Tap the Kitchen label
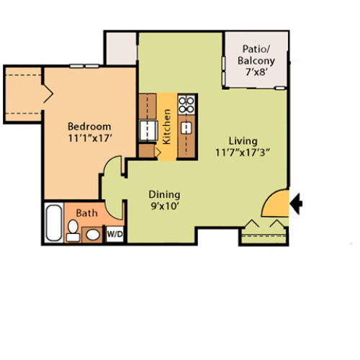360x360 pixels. [167, 126]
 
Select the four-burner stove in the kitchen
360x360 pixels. [186, 104]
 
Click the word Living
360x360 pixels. [242, 140]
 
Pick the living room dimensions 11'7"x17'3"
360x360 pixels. [242, 153]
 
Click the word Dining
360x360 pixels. [164, 194]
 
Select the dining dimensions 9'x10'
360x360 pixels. [164, 207]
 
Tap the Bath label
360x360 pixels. [86, 213]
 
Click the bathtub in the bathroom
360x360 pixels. [54, 223]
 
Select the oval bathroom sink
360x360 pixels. [93, 235]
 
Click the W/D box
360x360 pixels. [114, 235]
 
